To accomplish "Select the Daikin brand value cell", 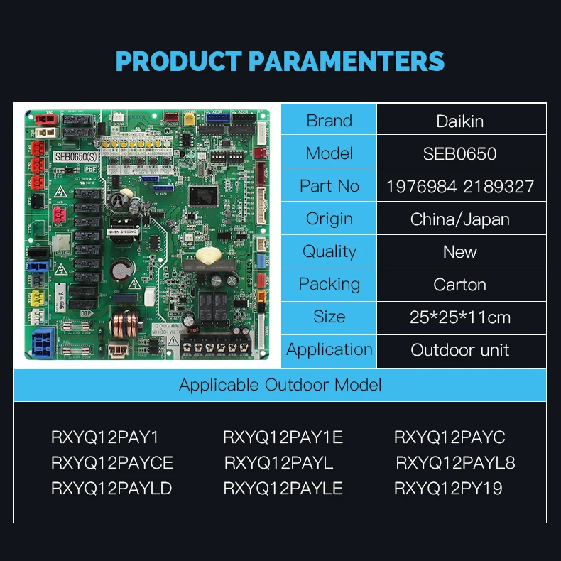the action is tap(460, 121).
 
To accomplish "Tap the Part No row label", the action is tap(329, 186).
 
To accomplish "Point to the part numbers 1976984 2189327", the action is tap(460, 187).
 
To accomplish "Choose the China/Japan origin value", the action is tap(460, 219).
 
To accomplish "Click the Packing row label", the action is tap(329, 284).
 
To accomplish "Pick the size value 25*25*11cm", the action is tap(460, 317).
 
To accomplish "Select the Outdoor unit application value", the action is tap(460, 350).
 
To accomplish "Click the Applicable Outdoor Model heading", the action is tap(280, 385).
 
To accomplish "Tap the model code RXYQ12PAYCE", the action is tap(112, 463).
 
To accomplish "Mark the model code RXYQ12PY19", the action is tap(448, 489).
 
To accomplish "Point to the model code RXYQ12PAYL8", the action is tap(455, 463).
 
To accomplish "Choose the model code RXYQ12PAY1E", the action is tap(283, 437).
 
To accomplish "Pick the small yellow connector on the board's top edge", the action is tap(189, 119).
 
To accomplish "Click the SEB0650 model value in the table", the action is tap(460, 153).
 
